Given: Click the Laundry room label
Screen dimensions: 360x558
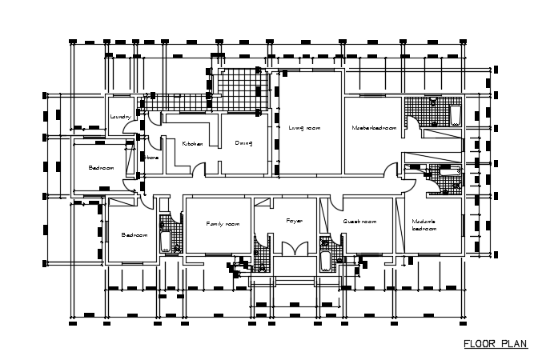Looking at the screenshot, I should tap(120, 117).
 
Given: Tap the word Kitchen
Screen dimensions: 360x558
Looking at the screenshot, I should tap(193, 143).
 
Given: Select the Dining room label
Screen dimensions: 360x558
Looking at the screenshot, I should tap(244, 143).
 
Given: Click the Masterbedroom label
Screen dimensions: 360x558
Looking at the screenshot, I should tap(375, 128).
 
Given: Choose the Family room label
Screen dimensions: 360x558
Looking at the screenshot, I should tap(223, 224).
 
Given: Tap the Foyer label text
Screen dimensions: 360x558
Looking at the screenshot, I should tap(295, 220).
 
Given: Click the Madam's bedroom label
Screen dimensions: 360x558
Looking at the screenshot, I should tap(424, 225).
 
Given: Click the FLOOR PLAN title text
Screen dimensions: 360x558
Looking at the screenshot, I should tap(496, 345).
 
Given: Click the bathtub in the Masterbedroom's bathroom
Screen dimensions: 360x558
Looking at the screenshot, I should tap(455, 114).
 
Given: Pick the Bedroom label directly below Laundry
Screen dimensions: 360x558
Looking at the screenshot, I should tap(102, 168).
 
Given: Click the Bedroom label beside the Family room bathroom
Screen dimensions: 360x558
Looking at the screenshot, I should tap(134, 235).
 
